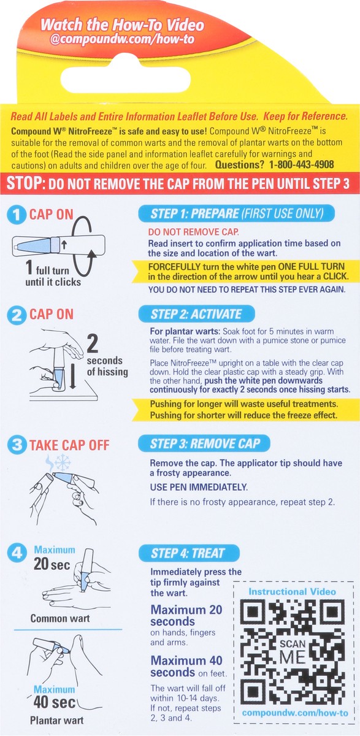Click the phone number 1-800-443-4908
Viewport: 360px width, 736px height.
[x=302, y=164]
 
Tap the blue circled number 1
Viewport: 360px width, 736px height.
[x=17, y=215]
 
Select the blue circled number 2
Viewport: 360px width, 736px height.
[x=17, y=315]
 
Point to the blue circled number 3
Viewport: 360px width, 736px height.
[x=17, y=445]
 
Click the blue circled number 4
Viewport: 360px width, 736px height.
[x=17, y=553]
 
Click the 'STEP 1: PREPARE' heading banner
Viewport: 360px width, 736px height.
[x=237, y=213]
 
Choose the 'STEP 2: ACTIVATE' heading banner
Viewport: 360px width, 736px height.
[x=196, y=314]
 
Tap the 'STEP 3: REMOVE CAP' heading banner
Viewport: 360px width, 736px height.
[x=204, y=443]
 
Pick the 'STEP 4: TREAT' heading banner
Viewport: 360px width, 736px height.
[x=189, y=553]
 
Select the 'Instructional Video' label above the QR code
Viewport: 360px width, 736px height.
[x=292, y=592]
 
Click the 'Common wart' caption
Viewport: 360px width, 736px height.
[x=59, y=618]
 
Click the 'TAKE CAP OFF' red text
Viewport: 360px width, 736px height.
[x=69, y=445]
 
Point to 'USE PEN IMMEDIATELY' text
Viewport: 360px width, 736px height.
[x=199, y=487]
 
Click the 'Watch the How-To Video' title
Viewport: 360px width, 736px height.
[x=122, y=25]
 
